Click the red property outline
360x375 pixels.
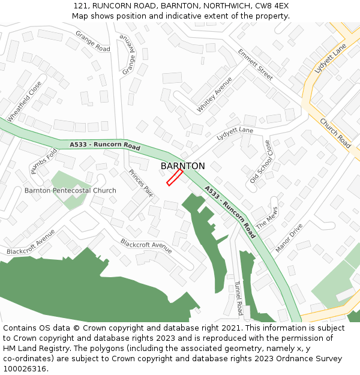tap(175, 177)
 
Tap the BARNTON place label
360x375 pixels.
tap(182, 166)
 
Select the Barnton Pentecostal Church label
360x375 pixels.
tap(70, 191)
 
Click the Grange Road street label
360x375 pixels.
tap(92, 44)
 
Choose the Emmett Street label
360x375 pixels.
tap(255, 64)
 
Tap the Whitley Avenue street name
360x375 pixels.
tap(214, 95)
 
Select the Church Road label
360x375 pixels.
tap(335, 133)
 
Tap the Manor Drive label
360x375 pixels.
tap(289, 238)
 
